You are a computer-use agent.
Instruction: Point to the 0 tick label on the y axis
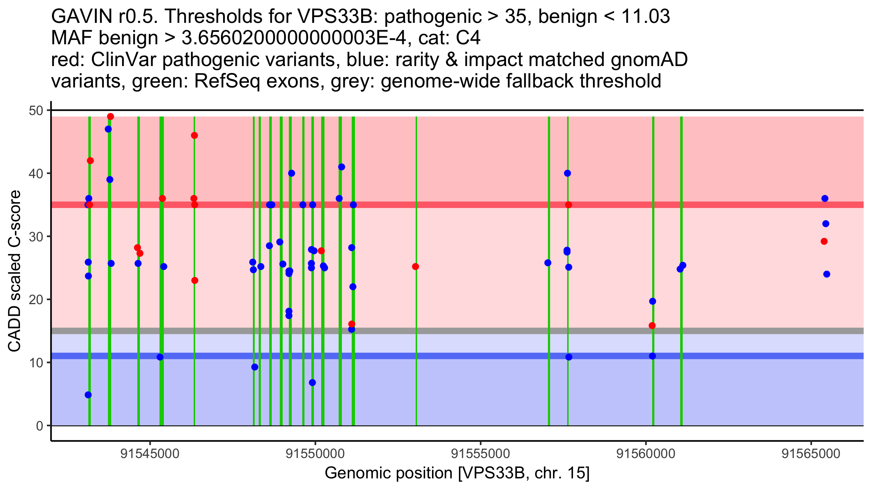[x=39, y=426]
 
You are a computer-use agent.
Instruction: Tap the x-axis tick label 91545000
[x=150, y=454]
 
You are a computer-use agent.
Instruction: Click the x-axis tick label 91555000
[x=481, y=454]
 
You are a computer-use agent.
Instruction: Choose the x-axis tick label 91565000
[x=811, y=454]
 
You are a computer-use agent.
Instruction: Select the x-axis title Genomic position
[x=457, y=473]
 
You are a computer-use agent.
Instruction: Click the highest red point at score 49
[x=110, y=117]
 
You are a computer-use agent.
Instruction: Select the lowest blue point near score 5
[x=88, y=395]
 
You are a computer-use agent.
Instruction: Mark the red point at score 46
[x=194, y=135]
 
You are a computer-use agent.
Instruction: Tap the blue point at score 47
[x=108, y=129]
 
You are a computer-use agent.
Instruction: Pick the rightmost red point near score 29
[x=824, y=241]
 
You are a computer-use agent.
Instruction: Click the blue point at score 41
[x=342, y=167]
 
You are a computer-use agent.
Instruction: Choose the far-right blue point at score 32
[x=825, y=224]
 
